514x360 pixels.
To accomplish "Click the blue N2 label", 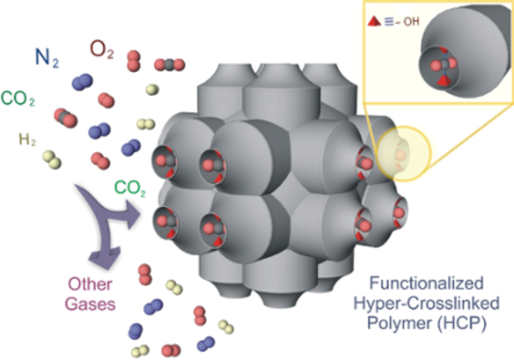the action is point(47,58).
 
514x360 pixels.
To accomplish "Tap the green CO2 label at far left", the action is point(18,98).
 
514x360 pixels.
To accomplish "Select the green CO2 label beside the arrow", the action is point(130,188).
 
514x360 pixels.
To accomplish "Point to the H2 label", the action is point(27,140).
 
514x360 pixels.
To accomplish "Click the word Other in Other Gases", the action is point(90,284).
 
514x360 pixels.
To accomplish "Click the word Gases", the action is point(90,304).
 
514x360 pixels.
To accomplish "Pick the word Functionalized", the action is point(427,283).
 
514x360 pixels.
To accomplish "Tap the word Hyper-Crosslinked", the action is point(427,303).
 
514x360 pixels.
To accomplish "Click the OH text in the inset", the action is point(411,22).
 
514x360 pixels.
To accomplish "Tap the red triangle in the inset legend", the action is point(374,22).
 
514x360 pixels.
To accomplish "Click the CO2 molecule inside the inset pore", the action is point(443,65).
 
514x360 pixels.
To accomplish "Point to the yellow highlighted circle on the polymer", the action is point(403,154).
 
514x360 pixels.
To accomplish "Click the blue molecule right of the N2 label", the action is point(82,82).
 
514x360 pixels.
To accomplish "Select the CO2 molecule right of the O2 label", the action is point(170,65).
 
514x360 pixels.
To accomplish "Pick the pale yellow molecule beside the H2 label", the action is point(52,160).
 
